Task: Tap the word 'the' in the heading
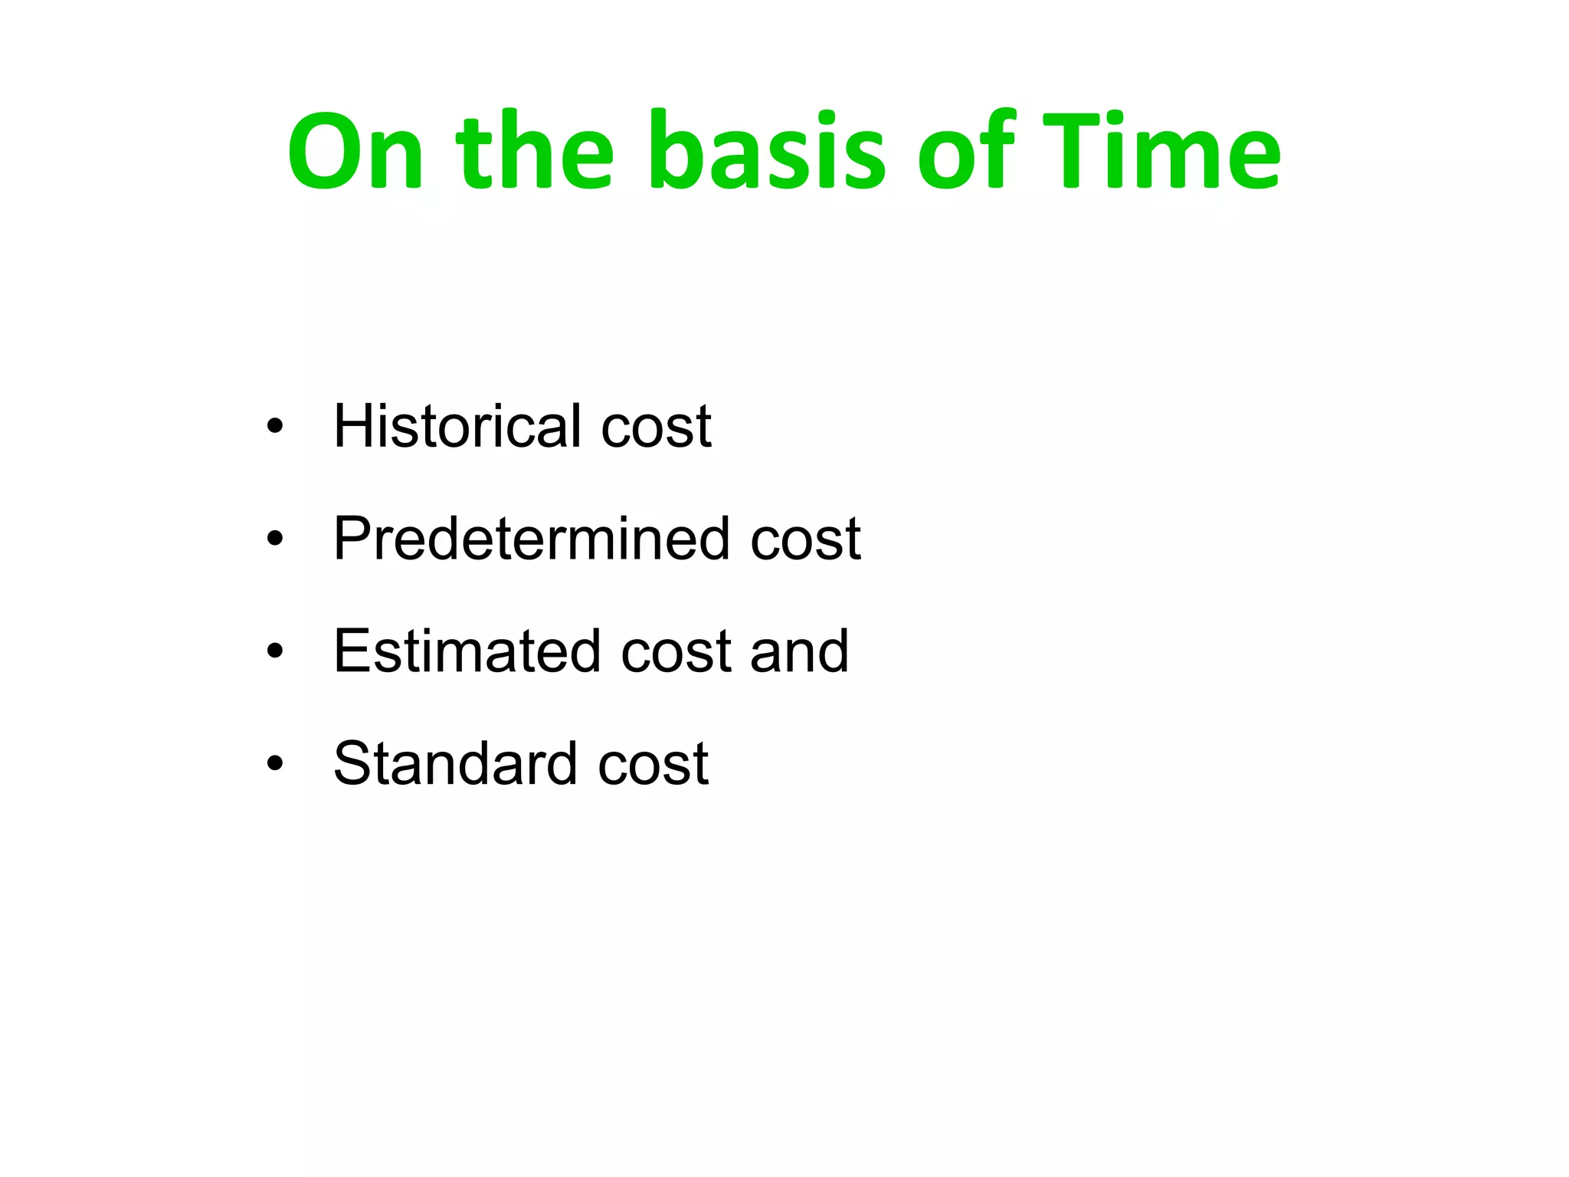point(535,151)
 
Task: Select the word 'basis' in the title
point(767,151)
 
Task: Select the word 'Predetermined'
point(532,539)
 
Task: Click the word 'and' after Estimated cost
point(800,651)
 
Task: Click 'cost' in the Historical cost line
point(656,428)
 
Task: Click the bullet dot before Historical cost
point(275,427)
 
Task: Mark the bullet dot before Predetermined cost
point(275,539)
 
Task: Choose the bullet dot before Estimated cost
point(275,652)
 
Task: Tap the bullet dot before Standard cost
point(275,765)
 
